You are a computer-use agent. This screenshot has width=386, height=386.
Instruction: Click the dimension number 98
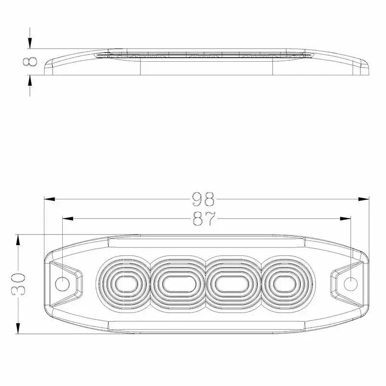click(x=203, y=199)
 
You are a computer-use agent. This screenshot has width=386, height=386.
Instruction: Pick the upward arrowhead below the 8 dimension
click(x=30, y=82)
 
